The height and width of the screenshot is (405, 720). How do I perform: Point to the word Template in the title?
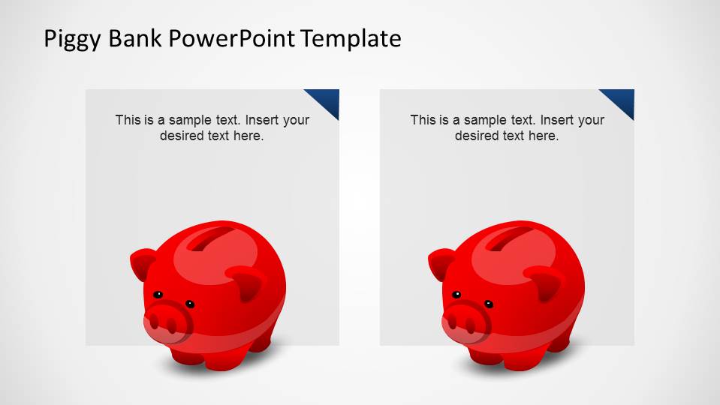pyautogui.click(x=351, y=38)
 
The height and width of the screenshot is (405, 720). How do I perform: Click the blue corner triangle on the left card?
pyautogui.click(x=327, y=100)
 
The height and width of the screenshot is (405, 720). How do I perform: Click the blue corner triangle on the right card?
pyautogui.click(x=622, y=100)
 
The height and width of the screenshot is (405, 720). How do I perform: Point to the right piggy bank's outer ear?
pyautogui.click(x=440, y=263)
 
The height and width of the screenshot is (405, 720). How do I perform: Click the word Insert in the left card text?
pyautogui.click(x=263, y=120)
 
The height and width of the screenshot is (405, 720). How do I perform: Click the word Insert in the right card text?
pyautogui.click(x=558, y=120)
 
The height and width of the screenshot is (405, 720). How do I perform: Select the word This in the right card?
pyautogui.click(x=423, y=120)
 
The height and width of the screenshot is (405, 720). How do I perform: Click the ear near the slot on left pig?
pyautogui.click(x=248, y=283)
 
